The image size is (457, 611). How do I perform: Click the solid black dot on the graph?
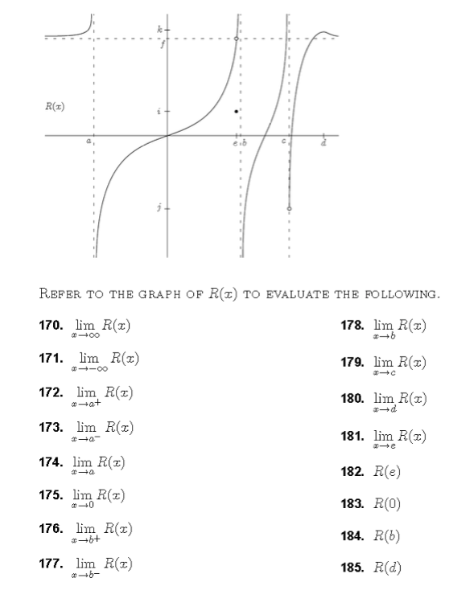click(x=235, y=111)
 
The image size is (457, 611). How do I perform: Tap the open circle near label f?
click(x=236, y=39)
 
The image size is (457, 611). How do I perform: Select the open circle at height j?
click(x=290, y=208)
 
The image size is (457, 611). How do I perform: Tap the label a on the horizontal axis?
click(x=89, y=142)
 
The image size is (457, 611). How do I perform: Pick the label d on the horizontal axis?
click(x=323, y=144)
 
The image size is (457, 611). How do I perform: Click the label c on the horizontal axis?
click(x=282, y=142)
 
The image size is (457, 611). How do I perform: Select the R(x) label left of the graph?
click(x=55, y=106)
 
